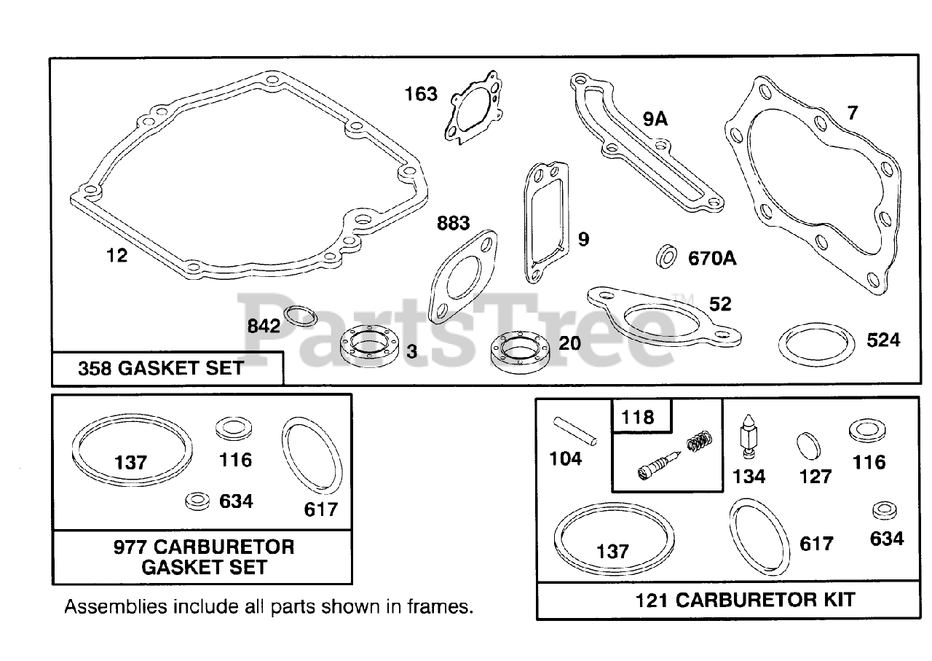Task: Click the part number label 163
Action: point(422,94)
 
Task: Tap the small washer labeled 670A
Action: point(666,257)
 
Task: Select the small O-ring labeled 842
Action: point(299,316)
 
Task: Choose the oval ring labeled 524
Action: point(815,344)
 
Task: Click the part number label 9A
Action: point(655,119)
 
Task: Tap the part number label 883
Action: point(453,223)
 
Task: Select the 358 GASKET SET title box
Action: point(167,369)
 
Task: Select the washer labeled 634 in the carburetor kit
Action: point(884,510)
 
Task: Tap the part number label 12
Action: point(116,256)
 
